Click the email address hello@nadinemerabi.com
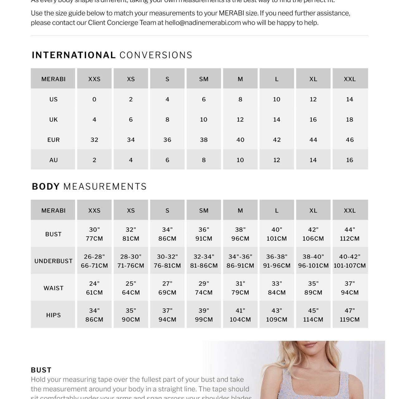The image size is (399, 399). pyautogui.click(x=203, y=23)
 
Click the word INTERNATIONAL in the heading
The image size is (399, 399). pyautogui.click(x=74, y=55)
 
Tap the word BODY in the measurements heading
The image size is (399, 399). pyautogui.click(x=46, y=186)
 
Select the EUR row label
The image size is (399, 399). pyautogui.click(x=53, y=140)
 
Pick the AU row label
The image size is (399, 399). pyautogui.click(x=53, y=160)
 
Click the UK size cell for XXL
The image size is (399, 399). pyautogui.click(x=349, y=119)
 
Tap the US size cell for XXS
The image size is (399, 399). pyautogui.click(x=94, y=99)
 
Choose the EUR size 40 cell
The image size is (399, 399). pyautogui.click(x=240, y=140)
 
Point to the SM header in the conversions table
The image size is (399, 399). pyautogui.click(x=204, y=79)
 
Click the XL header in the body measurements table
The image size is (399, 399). pyautogui.click(x=313, y=210)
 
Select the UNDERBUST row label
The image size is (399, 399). pyautogui.click(x=53, y=261)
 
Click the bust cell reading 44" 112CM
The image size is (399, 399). pyautogui.click(x=349, y=234)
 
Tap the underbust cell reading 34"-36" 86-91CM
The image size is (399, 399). pyautogui.click(x=240, y=261)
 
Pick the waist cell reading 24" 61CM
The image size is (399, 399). pyautogui.click(x=94, y=288)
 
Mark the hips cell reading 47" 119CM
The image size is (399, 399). pyautogui.click(x=349, y=315)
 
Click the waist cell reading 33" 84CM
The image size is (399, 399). pyautogui.click(x=276, y=288)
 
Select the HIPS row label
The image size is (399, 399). pyautogui.click(x=53, y=315)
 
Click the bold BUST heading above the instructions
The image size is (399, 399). pyautogui.click(x=41, y=370)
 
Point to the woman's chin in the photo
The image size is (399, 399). pyautogui.click(x=307, y=348)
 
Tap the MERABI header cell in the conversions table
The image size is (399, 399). pyautogui.click(x=53, y=79)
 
